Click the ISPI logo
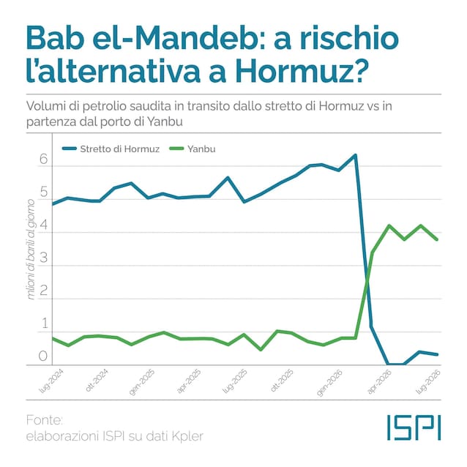click(x=414, y=427)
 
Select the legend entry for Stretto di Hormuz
click(x=111, y=149)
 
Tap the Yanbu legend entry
click(x=192, y=149)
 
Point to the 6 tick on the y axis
click(x=43, y=159)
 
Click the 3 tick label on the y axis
click(x=43, y=258)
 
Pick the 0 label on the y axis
click(x=43, y=356)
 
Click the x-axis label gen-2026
click(x=329, y=383)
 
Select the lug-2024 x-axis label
click(x=51, y=381)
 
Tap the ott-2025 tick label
click(x=282, y=381)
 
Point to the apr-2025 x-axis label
click(x=189, y=381)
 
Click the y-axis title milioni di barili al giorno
click(x=31, y=250)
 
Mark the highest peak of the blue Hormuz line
click(x=355, y=155)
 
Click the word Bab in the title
click(x=54, y=38)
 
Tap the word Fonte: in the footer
click(x=45, y=420)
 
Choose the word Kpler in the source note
click(x=187, y=436)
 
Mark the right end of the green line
click(x=437, y=239)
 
